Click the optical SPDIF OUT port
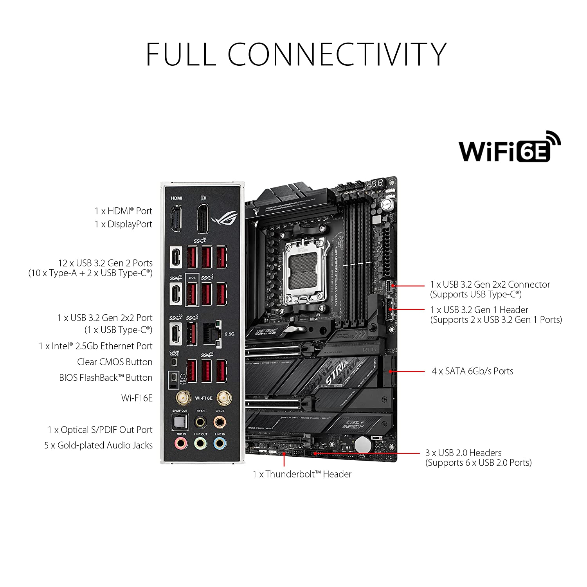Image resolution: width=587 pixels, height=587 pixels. point(179,422)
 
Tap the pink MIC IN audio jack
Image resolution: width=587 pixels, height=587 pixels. point(180,444)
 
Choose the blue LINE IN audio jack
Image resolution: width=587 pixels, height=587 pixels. point(220,444)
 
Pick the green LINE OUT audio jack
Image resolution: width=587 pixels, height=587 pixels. point(200,444)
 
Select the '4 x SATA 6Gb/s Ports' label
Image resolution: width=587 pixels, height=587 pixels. point(472,371)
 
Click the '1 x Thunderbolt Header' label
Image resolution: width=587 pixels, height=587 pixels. point(302,474)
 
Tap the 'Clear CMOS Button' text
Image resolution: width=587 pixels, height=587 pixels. point(115,362)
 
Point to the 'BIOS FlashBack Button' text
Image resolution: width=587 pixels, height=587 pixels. point(106,378)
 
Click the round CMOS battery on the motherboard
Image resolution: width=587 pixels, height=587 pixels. point(363,445)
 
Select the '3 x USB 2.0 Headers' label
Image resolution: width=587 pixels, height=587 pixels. point(463,453)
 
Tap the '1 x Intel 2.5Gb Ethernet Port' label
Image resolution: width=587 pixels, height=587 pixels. point(95,346)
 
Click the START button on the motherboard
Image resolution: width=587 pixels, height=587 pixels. point(386,205)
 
